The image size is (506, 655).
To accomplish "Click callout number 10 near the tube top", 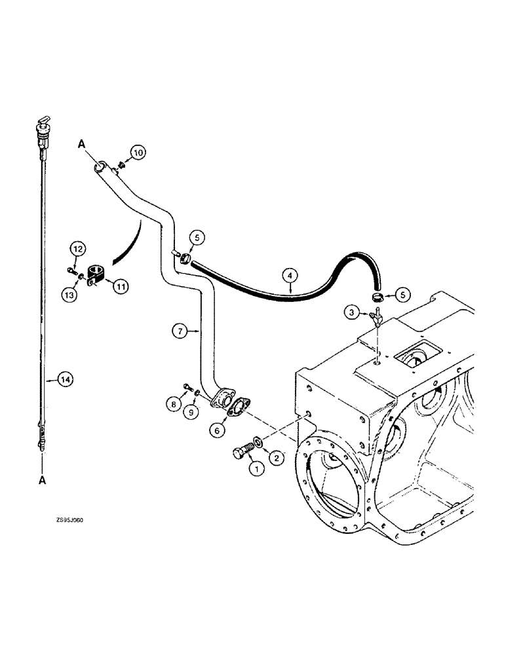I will pos(138,153).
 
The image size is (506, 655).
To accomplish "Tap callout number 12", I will pos(77,249).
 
